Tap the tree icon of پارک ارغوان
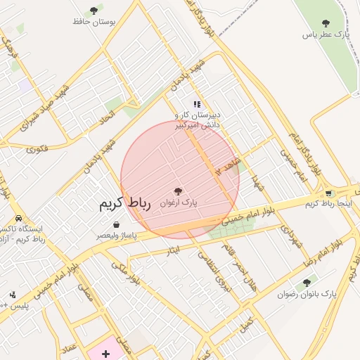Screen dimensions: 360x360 pos(177,191)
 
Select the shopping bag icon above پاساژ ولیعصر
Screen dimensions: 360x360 pos(115,225)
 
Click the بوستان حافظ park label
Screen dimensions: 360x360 pos(94,21)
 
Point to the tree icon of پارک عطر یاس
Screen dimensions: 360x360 pos(325,23)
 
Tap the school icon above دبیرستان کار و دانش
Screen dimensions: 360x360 pos(197,104)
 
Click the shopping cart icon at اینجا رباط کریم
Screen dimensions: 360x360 pos(328,193)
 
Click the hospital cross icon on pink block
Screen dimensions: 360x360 pos(105,353)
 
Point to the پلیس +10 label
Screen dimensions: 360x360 pos(14,306)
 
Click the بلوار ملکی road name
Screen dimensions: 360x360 pos(124,271)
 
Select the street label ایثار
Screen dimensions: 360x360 pos(173,250)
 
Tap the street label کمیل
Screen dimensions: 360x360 pos(245,327)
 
